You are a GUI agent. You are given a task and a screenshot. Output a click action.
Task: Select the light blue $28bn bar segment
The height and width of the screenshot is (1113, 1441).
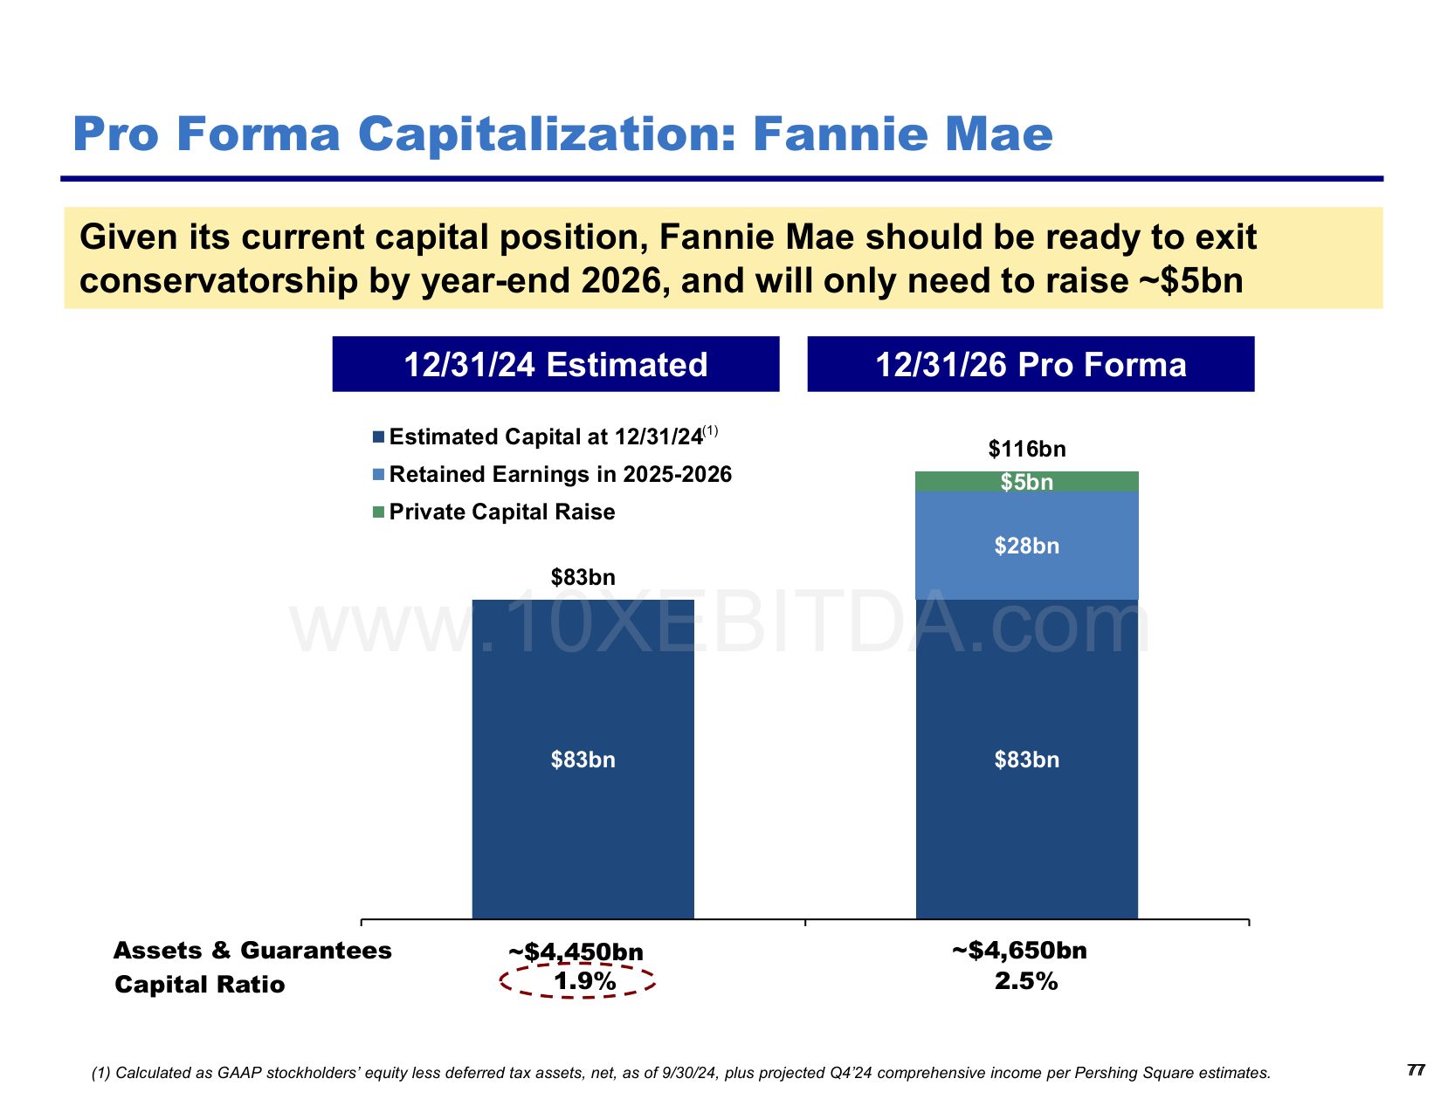pos(1026,546)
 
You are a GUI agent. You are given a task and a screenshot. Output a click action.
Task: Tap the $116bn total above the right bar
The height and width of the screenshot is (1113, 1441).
pos(1027,450)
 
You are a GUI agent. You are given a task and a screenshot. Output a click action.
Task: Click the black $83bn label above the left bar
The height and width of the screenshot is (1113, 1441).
pos(583,577)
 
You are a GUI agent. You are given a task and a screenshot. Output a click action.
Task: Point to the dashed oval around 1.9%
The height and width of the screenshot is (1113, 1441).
pos(578,981)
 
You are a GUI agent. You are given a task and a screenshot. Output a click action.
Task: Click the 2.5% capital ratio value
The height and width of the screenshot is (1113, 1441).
pos(1026,981)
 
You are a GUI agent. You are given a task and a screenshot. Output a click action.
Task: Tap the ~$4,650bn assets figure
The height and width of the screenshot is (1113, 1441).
pos(1019,950)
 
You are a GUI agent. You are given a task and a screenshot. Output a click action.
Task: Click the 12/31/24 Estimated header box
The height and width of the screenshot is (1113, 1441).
pos(555,364)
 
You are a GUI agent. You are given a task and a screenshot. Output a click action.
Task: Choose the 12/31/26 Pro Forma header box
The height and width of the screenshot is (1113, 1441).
pos(1031,364)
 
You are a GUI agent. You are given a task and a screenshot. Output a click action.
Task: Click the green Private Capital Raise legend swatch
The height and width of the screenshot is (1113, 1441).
pos(378,512)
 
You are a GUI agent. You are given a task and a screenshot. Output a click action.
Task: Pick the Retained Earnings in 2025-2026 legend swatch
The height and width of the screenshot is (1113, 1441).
pos(378,475)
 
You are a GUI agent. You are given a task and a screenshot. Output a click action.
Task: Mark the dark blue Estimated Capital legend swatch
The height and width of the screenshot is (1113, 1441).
pos(378,437)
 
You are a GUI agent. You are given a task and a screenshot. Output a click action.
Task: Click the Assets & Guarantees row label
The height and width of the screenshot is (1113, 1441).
pos(252,950)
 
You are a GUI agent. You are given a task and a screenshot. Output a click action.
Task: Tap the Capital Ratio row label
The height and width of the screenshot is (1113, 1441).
pos(200,985)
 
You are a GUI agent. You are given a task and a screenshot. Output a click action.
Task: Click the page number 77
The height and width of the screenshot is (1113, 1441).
pos(1416,1070)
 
